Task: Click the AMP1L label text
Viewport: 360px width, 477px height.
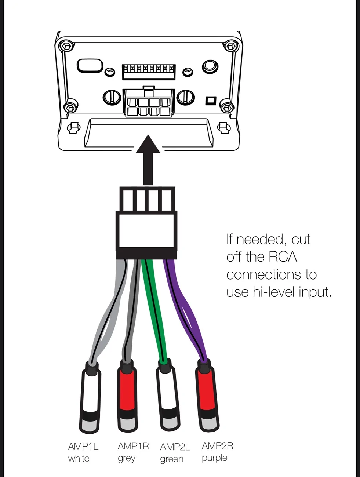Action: click(x=83, y=447)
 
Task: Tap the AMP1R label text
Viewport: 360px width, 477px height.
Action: click(x=133, y=446)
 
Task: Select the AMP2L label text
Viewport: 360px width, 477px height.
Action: click(x=175, y=447)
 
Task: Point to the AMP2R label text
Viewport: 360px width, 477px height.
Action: click(x=217, y=446)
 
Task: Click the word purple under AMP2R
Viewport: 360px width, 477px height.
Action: click(x=214, y=458)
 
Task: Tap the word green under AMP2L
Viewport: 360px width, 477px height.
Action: click(x=172, y=459)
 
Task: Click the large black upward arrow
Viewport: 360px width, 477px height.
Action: click(x=148, y=160)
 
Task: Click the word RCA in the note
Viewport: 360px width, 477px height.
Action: click(x=283, y=257)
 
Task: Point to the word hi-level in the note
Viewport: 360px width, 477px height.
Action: click(x=274, y=292)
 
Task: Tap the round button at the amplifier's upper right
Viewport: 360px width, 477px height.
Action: click(x=210, y=66)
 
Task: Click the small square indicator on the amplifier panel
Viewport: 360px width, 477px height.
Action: click(x=211, y=101)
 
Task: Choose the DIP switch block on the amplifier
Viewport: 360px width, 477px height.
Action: click(x=149, y=72)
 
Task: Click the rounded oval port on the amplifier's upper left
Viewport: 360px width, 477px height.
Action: click(x=90, y=66)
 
